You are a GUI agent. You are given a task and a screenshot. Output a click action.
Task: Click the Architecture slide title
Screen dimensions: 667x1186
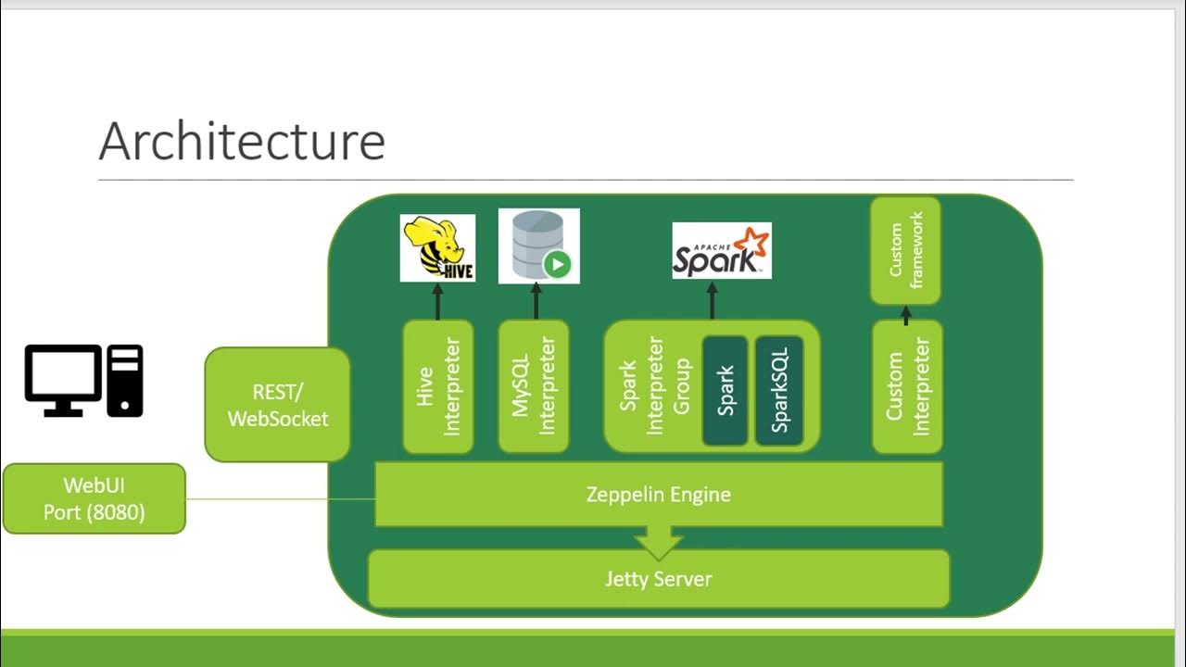click(x=242, y=142)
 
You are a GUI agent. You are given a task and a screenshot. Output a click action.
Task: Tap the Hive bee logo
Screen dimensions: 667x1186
click(x=437, y=247)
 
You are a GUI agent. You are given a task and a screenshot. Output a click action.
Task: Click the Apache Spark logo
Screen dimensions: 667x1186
click(x=721, y=251)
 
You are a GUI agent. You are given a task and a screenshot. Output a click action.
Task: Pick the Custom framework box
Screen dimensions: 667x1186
click(x=905, y=250)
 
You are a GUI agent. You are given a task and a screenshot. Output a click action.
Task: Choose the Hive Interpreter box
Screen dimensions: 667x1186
click(x=438, y=386)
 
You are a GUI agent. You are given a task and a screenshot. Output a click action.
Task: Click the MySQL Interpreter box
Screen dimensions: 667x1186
click(x=534, y=386)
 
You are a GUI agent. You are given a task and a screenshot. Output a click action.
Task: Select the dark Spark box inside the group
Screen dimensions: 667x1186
click(x=725, y=390)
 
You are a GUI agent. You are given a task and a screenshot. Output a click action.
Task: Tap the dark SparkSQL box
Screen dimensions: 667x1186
click(x=778, y=390)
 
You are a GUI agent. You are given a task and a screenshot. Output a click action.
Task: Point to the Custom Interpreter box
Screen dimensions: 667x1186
click(x=907, y=386)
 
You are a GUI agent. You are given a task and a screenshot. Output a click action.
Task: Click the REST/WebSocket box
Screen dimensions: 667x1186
click(x=277, y=405)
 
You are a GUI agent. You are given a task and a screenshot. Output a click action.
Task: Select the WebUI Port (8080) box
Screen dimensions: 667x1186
click(x=94, y=498)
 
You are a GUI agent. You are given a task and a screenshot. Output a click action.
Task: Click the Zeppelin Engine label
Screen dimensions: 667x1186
click(x=658, y=495)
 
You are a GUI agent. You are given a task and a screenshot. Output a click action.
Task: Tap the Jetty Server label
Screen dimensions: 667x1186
click(x=658, y=579)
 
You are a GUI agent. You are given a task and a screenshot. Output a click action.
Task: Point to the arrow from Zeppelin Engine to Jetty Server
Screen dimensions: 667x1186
click(x=659, y=543)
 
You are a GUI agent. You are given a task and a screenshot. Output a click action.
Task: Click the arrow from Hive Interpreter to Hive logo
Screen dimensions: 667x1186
click(x=438, y=301)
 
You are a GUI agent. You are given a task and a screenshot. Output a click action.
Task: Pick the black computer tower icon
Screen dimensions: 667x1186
click(x=125, y=380)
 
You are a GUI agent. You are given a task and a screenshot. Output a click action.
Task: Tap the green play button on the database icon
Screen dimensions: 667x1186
click(x=557, y=265)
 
